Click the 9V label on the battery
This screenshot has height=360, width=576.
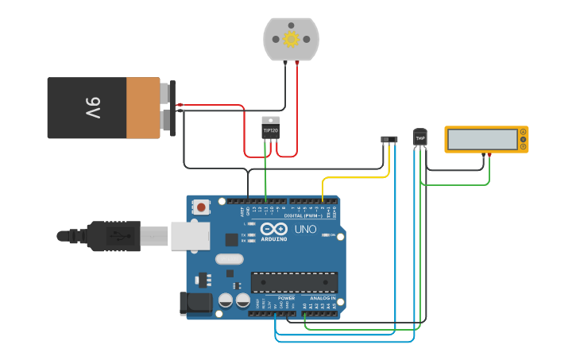(93, 107)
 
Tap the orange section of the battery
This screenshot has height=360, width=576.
(143, 107)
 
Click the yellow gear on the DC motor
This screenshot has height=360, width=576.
(291, 39)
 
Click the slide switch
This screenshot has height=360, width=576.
(389, 139)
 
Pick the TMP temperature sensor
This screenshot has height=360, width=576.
(420, 137)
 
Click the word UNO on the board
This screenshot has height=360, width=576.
(306, 229)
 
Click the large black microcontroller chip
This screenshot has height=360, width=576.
(294, 282)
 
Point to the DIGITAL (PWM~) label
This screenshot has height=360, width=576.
(309, 215)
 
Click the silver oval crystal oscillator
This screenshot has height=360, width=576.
(228, 258)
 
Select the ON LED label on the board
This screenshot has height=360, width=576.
(331, 235)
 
